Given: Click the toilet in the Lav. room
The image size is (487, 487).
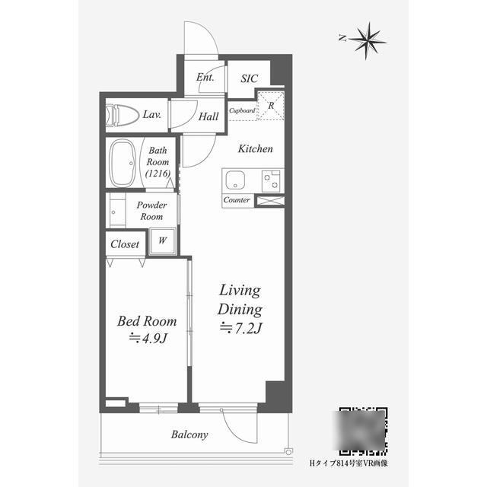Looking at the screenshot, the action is pyautogui.click(x=122, y=115).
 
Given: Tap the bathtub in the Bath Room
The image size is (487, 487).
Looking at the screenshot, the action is pyautogui.click(x=123, y=163).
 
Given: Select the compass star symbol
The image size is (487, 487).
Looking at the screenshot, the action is pyautogui.click(x=368, y=40).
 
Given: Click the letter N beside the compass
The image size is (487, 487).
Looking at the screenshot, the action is pyautogui.click(x=342, y=39).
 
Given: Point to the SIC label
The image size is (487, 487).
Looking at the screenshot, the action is pyautogui.click(x=249, y=78).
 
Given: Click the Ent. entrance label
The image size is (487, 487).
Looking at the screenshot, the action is pyautogui.click(x=205, y=77).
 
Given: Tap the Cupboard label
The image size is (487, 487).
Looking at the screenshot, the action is pyautogui.click(x=242, y=110).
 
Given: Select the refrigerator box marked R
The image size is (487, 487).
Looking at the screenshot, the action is pyautogui.click(x=271, y=105).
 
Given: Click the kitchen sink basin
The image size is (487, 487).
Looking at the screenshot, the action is pyautogui.click(x=235, y=180).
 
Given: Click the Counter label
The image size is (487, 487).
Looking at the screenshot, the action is pyautogui.click(x=237, y=199).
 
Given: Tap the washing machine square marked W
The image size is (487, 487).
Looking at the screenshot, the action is pyautogui.click(x=162, y=241).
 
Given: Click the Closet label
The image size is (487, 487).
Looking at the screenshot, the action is pyautogui.click(x=125, y=244).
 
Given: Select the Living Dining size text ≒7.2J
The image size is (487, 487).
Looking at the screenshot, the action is pyautogui.click(x=241, y=328).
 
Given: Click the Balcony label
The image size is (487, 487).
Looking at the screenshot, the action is pyautogui.click(x=189, y=434).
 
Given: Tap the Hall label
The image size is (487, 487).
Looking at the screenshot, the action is pyautogui.click(x=208, y=116).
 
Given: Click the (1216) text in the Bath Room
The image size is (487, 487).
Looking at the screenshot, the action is pyautogui.click(x=158, y=173).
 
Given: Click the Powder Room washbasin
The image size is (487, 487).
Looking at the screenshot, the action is pyautogui.click(x=117, y=211).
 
